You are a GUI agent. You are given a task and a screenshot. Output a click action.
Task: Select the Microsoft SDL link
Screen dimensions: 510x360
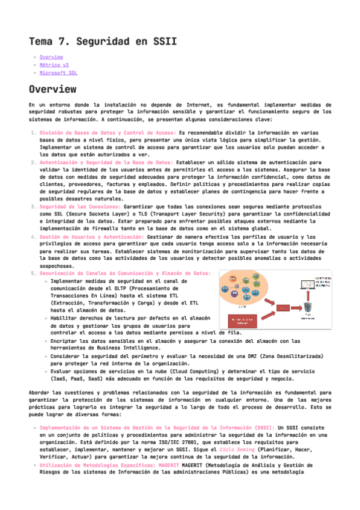pyautogui.click(x=58, y=73)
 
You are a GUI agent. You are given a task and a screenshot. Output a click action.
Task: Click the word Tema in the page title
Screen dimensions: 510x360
pyautogui.click(x=42, y=41)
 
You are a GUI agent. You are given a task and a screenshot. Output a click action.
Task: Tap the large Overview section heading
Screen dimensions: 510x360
pyautogui.click(x=52, y=90)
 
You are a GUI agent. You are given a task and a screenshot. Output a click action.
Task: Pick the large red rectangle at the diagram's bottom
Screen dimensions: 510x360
pyautogui.click(x=243, y=321)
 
